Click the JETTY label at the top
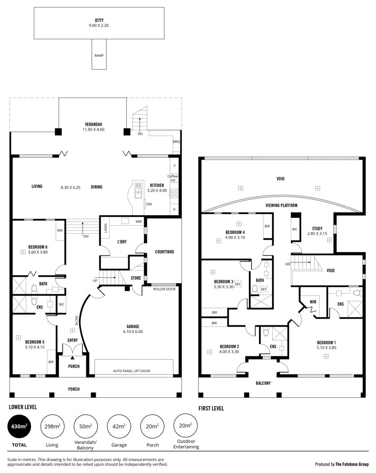pos(99,20)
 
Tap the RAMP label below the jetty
pos(99,56)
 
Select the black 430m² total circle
pos(19,426)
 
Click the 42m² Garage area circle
pos(119,426)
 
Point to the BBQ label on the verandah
pos(176,141)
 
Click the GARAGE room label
pos(133,326)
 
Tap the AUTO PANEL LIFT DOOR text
pos(132,371)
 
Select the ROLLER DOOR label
pos(164,289)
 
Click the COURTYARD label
pos(165,252)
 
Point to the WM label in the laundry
pos(139,221)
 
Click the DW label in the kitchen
pos(149,204)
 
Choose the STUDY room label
pos(317,229)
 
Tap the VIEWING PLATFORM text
pos(282,205)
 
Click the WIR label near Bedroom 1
pos(313,302)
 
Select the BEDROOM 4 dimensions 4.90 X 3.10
pos(235,238)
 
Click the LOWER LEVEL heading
pos(23,407)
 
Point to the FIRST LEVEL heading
pos(211,409)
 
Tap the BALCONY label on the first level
pos(263,383)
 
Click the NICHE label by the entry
pos(76,320)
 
